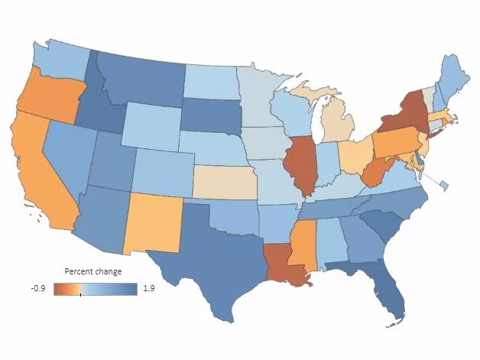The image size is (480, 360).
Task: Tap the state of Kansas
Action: (x=225, y=182)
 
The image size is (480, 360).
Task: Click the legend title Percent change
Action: (x=92, y=272)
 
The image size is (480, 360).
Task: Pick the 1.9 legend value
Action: (x=149, y=289)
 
